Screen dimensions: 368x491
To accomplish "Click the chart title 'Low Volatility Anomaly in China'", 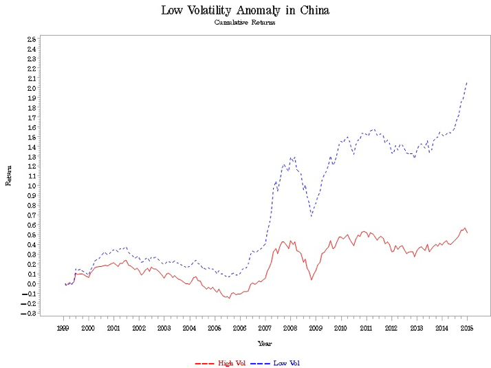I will coord(245,10).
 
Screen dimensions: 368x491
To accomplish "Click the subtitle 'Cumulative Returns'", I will coord(245,22).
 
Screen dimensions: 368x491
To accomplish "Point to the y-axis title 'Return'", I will coord(9,176).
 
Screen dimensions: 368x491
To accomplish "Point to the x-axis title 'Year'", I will coord(265,343).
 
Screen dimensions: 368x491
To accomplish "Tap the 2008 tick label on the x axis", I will coord(290,329).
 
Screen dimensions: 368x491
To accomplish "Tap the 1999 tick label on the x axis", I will coord(63,329).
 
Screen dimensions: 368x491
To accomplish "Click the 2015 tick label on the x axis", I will coord(467,329).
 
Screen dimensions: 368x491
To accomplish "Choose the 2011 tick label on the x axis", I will coord(366,329).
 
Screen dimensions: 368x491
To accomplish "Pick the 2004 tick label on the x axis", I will coord(189,329).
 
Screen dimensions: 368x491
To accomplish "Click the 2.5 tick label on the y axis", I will coord(32,39).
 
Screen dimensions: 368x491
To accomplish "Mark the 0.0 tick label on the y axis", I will coord(32,284).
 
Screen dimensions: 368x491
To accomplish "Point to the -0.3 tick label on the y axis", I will coord(31,314).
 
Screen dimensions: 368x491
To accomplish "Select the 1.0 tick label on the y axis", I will coord(32,186).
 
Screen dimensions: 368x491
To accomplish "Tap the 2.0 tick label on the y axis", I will coord(32,88).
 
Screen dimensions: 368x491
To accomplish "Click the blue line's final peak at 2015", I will coord(467,83).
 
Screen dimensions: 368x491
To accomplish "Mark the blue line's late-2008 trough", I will coord(312,217).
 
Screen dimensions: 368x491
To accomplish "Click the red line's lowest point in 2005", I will coord(229,299).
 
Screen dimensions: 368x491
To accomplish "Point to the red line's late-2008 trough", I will coord(312,279).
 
